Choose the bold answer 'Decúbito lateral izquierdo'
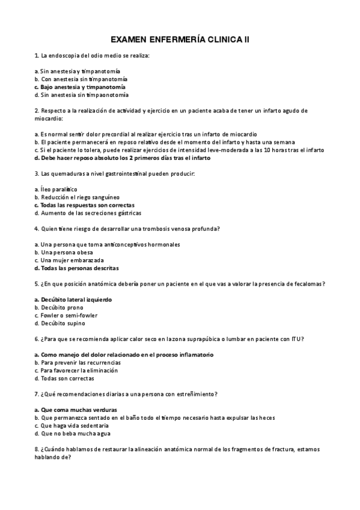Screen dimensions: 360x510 pyautogui.click(x=75, y=300)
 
